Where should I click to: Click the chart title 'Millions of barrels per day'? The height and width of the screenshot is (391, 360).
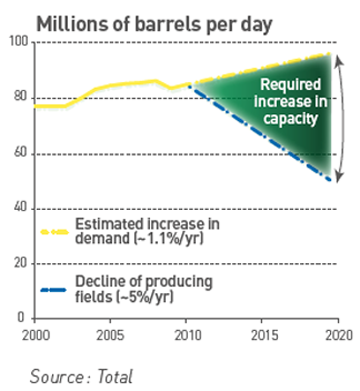tap(154, 24)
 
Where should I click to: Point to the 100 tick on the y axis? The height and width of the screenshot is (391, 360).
tap(19, 42)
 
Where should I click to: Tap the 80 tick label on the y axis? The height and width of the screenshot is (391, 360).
tap(21, 97)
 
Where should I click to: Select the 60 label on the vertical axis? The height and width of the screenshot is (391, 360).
tap(21, 152)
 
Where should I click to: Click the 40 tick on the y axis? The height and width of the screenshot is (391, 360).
tap(21, 207)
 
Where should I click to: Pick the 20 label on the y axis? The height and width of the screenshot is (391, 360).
tap(21, 263)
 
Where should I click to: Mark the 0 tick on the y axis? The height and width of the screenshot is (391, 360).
tap(21, 317)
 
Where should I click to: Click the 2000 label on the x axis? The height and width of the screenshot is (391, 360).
tap(36, 335)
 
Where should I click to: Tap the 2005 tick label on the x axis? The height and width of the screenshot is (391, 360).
tap(110, 335)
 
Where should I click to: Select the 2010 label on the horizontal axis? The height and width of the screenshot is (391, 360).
tap(187, 335)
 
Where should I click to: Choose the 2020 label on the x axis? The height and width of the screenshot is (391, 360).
tap(339, 335)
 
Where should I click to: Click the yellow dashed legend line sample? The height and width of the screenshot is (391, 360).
tap(54, 232)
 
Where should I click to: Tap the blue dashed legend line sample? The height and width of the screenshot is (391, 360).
tap(53, 290)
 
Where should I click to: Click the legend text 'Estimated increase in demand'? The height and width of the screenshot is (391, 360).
tap(147, 231)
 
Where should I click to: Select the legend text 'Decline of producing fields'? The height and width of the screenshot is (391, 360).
tap(144, 289)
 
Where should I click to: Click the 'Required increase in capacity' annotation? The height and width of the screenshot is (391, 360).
tap(290, 102)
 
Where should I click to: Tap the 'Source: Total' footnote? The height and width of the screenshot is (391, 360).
tap(81, 377)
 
